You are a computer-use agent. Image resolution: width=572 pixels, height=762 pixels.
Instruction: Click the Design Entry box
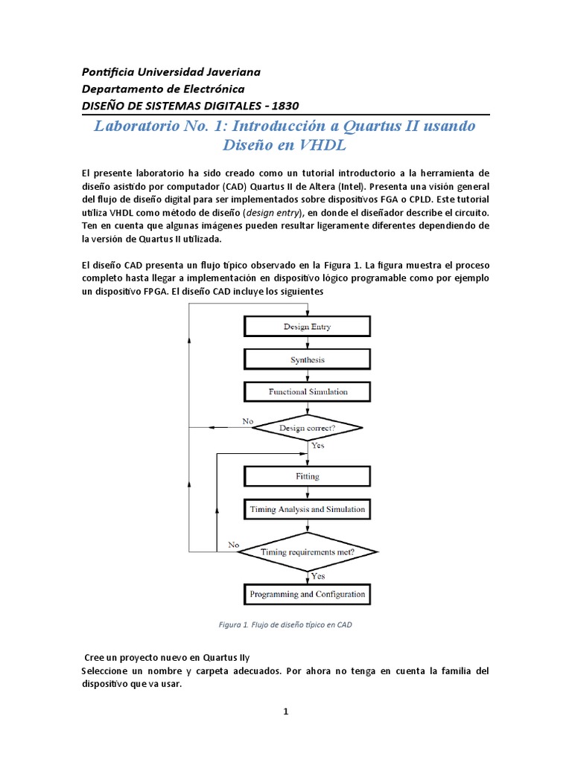(307, 327)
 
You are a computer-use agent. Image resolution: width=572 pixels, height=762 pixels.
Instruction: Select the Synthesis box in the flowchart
(307, 359)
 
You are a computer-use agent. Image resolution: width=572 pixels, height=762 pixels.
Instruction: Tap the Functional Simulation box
(307, 391)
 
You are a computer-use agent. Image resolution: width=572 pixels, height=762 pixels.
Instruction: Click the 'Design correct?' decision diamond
(307, 428)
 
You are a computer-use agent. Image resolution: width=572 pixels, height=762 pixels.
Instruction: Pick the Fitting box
(307, 476)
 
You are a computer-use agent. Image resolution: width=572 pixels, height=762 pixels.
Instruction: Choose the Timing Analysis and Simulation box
(307, 510)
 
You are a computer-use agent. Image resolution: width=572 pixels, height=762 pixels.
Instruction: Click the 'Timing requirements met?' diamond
(307, 552)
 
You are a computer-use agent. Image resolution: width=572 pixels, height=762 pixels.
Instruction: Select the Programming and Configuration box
(307, 595)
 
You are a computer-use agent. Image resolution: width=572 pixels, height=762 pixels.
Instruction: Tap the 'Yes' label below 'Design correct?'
(317, 446)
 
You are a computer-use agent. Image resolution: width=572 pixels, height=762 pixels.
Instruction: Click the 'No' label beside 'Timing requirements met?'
(234, 545)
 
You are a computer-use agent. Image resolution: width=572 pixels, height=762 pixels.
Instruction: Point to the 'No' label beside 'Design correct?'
(248, 421)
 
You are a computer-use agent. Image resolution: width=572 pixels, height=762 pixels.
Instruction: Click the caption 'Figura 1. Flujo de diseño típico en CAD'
(285, 625)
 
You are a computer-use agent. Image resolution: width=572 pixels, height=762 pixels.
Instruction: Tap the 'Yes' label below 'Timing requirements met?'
(317, 576)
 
